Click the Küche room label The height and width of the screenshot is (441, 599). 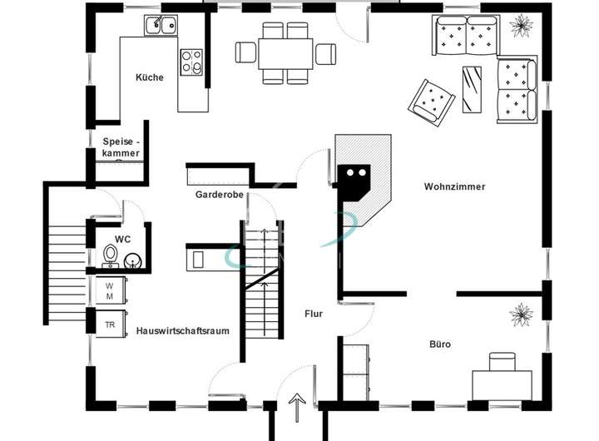150,77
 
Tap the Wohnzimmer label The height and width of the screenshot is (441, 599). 453,186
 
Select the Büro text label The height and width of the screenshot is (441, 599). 440,343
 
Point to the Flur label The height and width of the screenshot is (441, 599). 313,314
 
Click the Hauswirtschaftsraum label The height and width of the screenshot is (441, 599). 182,330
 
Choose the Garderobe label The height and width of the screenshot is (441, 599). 219,195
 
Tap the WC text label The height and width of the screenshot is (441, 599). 122,239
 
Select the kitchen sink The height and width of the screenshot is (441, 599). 161,25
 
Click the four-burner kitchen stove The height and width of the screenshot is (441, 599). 192,60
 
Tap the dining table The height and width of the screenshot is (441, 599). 285,53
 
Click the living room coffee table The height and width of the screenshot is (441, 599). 473,87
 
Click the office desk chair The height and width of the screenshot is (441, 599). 502,362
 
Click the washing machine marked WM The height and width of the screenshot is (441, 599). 109,290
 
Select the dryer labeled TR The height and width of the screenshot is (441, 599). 109,324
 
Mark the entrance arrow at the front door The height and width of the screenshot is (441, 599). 295,409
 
